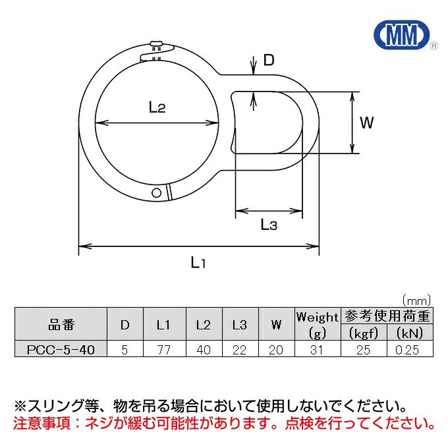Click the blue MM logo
pos(402,34)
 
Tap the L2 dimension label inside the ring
pos(157,107)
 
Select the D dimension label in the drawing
pos(269,60)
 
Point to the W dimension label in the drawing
pos(366,123)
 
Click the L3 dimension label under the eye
pos(269,224)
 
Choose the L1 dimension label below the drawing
pos(198,262)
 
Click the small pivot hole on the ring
pos(157,193)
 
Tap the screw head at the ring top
pos(156,43)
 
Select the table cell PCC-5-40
pos(61,349)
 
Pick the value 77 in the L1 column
pos(164,350)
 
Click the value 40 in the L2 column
pos(204,350)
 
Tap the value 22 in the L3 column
pos(239,350)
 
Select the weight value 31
pos(317,350)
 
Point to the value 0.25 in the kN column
pos(407,350)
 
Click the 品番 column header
pos(61,325)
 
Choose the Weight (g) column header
pos(318,325)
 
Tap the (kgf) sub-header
pos(364,333)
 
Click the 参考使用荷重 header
pos(387,316)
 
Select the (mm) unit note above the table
pos(416,300)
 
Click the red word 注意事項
pos(42,424)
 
